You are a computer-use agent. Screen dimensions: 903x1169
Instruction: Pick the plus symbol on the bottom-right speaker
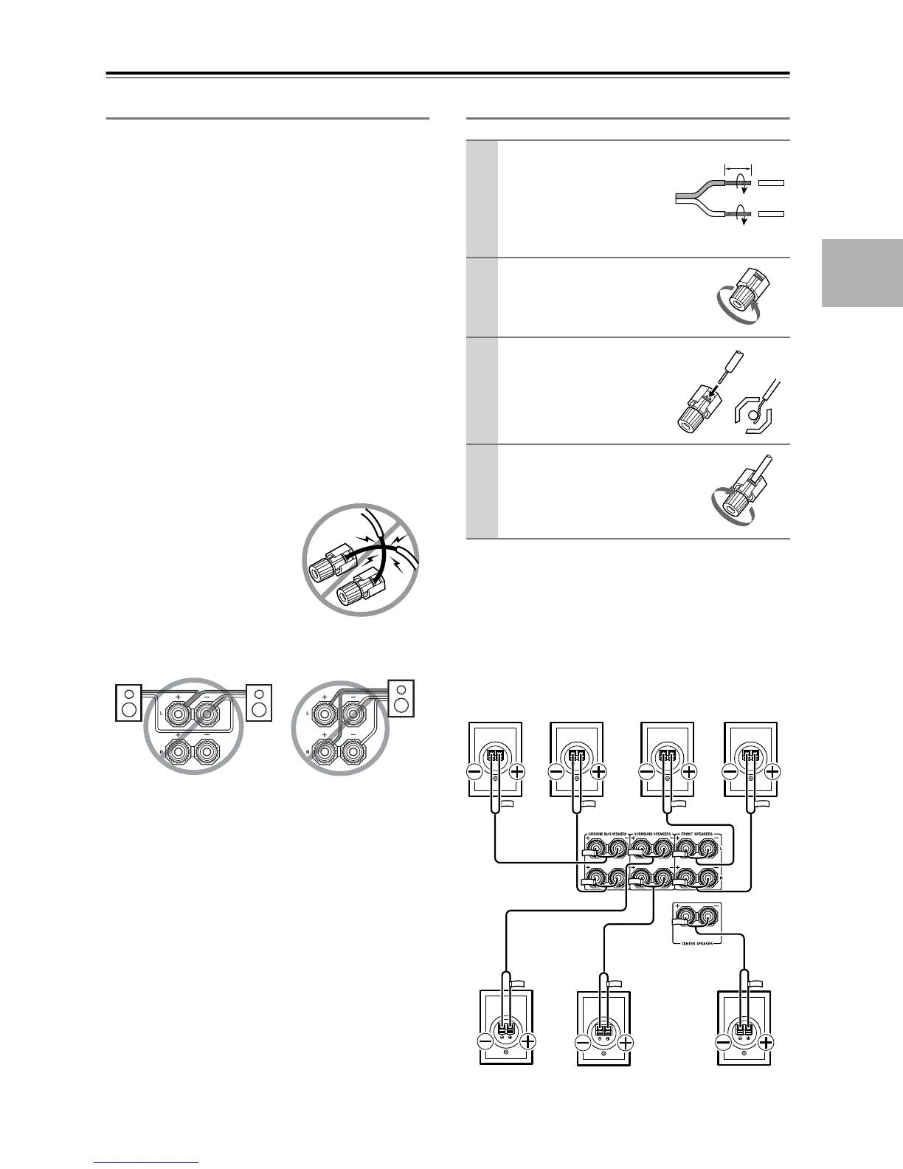(x=767, y=1043)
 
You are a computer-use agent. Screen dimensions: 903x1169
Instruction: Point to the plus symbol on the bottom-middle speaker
(x=625, y=1044)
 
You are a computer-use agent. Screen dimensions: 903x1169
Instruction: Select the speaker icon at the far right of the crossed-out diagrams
(x=401, y=696)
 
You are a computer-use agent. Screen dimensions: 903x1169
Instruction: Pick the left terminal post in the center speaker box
(x=686, y=918)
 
